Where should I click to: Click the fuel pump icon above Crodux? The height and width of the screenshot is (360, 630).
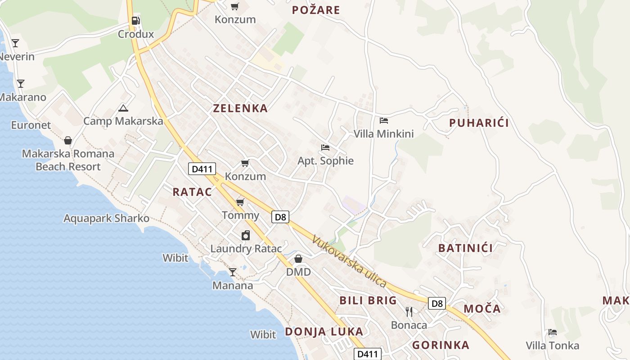[135, 21]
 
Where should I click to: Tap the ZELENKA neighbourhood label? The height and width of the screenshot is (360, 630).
[240, 108]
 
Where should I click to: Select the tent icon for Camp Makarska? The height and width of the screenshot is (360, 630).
[123, 108]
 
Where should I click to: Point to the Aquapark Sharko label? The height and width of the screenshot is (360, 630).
[106, 218]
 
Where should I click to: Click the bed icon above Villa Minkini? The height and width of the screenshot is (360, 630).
[383, 120]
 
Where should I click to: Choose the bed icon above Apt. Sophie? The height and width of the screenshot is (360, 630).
[325, 147]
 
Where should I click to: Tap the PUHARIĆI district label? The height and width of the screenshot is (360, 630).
[479, 123]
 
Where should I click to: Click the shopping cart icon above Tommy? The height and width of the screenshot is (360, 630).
[240, 202]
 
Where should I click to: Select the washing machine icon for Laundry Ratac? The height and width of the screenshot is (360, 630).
[246, 235]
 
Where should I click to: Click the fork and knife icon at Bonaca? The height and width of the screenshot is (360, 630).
[409, 311]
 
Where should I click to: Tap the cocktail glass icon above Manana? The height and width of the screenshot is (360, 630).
[232, 272]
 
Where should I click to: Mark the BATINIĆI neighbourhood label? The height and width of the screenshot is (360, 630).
[465, 247]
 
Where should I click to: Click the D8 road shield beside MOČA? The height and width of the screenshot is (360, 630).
[436, 303]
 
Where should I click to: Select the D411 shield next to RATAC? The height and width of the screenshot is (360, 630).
[202, 169]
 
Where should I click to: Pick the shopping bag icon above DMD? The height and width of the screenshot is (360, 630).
[298, 259]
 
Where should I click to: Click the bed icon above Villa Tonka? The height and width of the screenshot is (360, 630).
[552, 332]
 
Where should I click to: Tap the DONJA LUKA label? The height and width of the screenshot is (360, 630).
[324, 332]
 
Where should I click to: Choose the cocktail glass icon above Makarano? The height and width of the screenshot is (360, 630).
[21, 84]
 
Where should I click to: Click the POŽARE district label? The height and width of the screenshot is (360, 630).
[316, 10]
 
